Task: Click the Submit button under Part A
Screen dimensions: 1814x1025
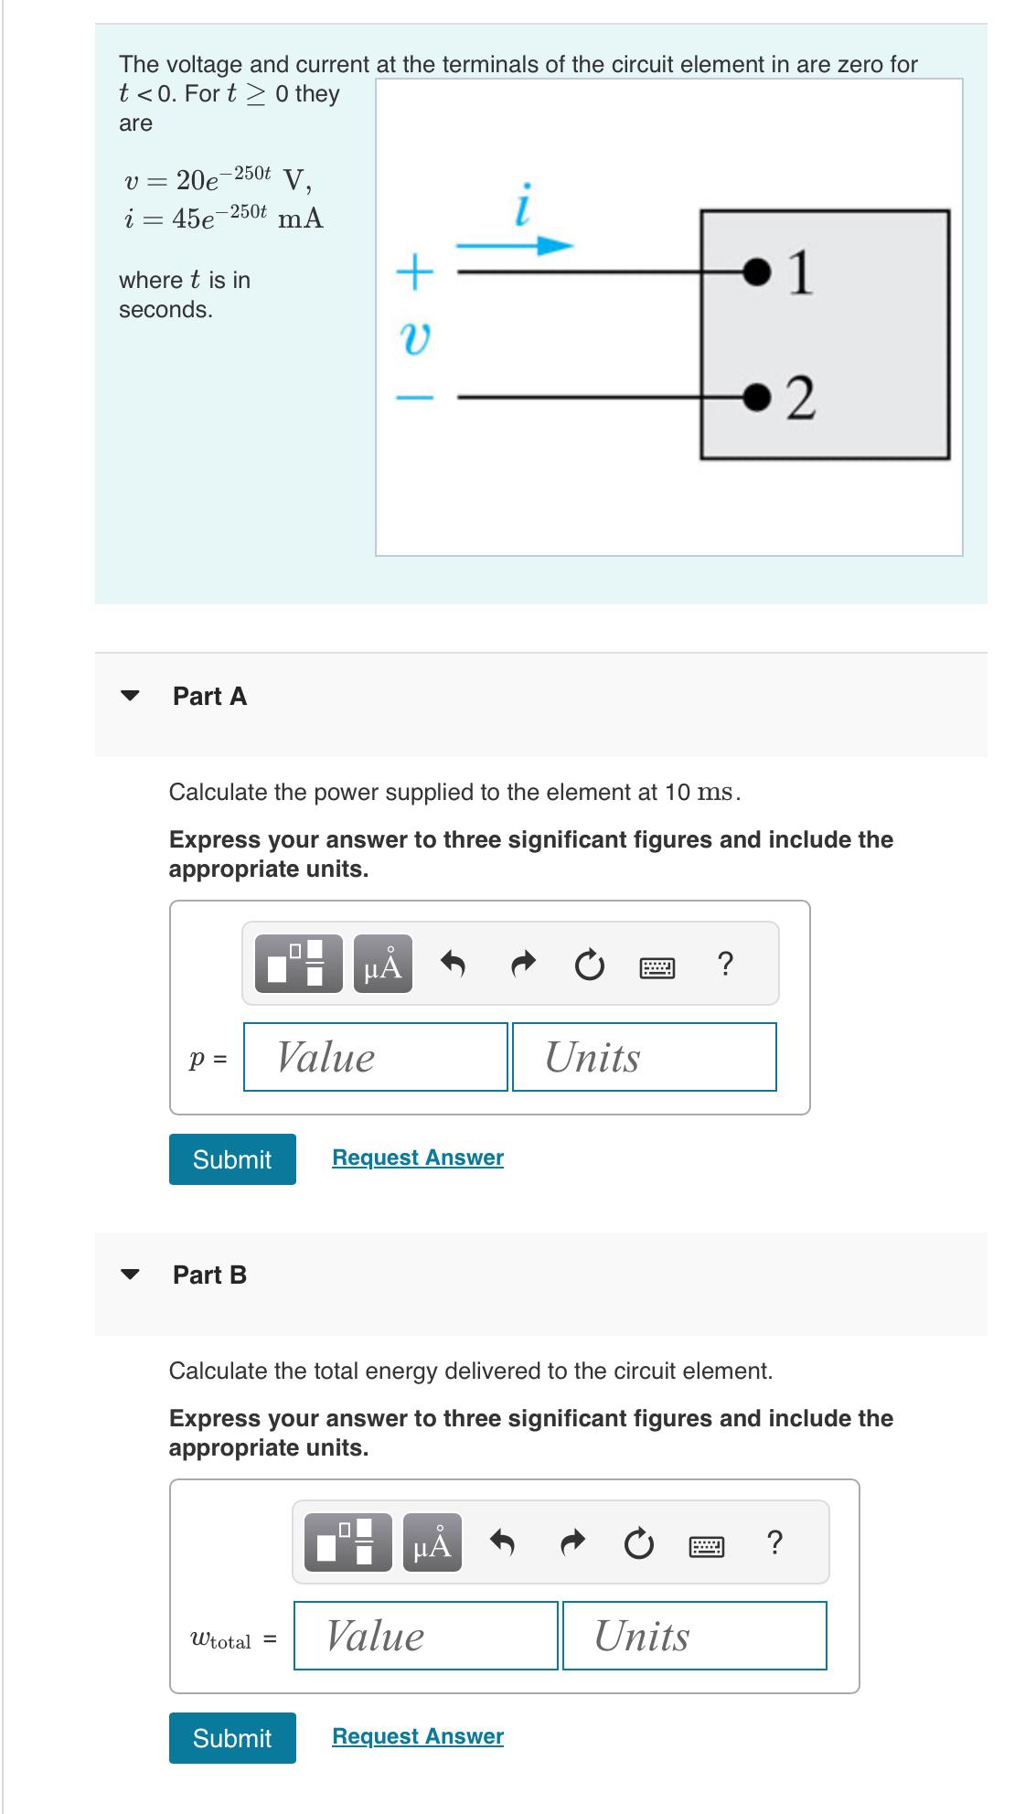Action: (x=232, y=1159)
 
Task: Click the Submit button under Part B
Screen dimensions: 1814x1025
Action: (x=232, y=1738)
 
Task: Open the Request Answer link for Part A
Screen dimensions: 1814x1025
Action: (x=418, y=1158)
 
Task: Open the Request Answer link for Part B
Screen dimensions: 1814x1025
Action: (x=418, y=1736)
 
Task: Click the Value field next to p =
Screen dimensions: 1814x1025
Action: (x=375, y=1057)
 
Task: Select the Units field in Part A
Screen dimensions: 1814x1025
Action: (x=644, y=1057)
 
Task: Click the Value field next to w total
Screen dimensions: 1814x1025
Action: (x=425, y=1636)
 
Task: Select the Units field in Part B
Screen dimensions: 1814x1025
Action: (x=694, y=1636)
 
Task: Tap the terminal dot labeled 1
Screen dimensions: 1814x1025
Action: (x=756, y=271)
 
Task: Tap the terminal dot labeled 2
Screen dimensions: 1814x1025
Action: (x=756, y=396)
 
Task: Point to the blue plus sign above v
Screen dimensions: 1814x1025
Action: (x=416, y=272)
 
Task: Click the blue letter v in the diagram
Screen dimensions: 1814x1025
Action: (x=416, y=339)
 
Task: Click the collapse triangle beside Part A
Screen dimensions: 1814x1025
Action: (x=132, y=696)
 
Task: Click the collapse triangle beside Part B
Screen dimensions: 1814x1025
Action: (x=132, y=1275)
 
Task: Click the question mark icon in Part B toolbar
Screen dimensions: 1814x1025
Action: (x=774, y=1543)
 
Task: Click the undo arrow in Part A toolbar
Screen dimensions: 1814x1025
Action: (x=454, y=964)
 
